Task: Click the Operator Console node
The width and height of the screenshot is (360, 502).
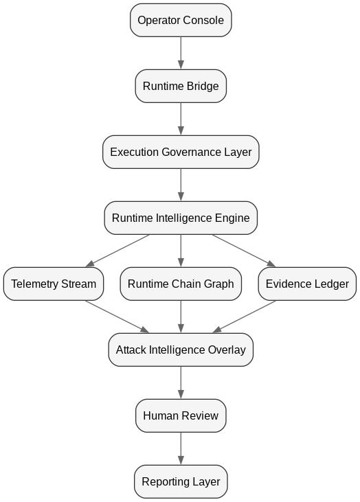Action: pos(181,20)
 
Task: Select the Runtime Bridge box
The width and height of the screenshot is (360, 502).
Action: pos(181,86)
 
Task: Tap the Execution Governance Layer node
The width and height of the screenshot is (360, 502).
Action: pos(181,152)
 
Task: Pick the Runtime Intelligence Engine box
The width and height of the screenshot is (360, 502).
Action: pos(181,218)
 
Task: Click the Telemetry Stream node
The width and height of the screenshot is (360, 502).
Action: pos(54,284)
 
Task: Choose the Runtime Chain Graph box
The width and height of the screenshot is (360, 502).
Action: pos(181,284)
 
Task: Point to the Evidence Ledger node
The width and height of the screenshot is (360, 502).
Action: pos(307,284)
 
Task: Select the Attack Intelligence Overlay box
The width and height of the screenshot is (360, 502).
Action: pos(181,350)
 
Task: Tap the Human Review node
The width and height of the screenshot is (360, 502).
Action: pos(181,416)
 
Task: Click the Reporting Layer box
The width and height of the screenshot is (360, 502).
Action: pos(181,482)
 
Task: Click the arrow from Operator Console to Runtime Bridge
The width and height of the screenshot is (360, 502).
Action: pos(181,53)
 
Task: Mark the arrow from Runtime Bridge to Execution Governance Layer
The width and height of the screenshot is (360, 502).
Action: pos(181,119)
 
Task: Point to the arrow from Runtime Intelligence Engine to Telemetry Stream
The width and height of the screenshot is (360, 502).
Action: pos(117,251)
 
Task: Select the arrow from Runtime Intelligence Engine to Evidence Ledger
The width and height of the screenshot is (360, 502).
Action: pos(244,251)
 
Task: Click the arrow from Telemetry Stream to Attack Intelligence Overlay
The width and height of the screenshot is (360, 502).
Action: pos(117,317)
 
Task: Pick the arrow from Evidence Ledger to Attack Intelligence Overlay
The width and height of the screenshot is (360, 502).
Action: pos(244,317)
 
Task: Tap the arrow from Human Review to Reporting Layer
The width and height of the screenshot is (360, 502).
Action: pos(181,449)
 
